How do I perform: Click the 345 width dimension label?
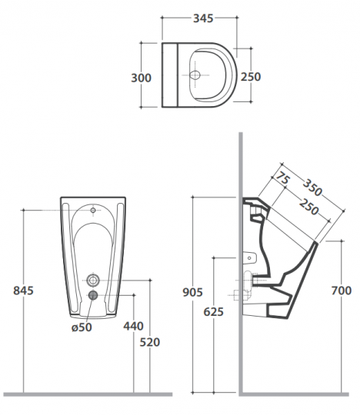(203, 18)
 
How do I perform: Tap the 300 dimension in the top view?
(142, 78)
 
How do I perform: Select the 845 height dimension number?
(24, 290)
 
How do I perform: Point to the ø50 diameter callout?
(82, 327)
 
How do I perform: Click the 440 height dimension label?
(134, 326)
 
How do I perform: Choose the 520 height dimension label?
(150, 343)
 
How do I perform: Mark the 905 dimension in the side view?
(193, 292)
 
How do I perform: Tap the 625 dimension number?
(214, 312)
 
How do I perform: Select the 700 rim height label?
(342, 290)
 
